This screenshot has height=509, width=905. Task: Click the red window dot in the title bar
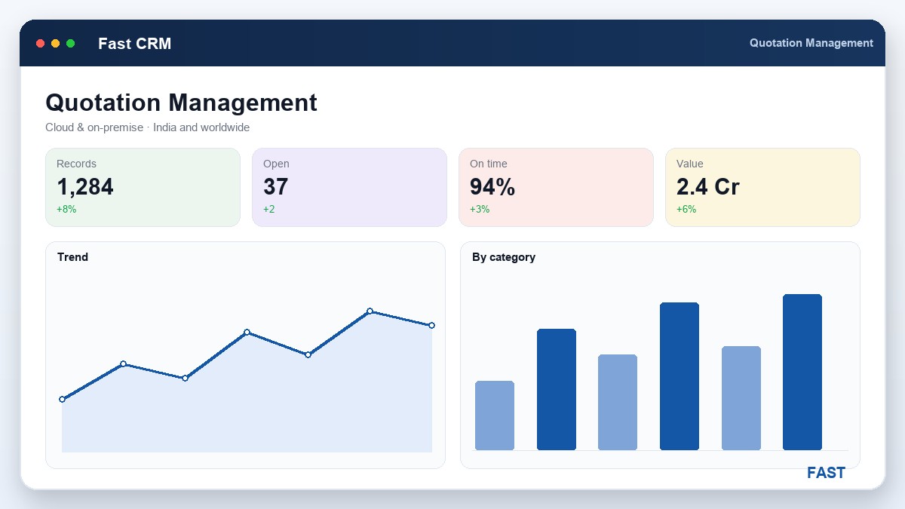41,43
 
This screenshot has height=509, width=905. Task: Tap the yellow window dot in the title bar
55,43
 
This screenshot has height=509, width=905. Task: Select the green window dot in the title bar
70,43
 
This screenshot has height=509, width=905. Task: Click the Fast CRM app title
134,44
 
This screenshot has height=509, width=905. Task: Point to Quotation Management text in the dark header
811,43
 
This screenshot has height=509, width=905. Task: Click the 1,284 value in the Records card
84,187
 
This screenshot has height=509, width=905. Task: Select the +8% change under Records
66,210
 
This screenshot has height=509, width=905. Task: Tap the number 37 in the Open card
275,187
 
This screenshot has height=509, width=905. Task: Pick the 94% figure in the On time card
492,187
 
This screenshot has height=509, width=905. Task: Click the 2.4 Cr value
708,187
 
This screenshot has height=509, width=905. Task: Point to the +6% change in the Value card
686,210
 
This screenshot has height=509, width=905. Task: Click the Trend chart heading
72,257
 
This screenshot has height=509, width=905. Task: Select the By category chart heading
504,257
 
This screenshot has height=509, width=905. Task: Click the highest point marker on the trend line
370,311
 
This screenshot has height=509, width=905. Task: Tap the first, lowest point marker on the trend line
62,399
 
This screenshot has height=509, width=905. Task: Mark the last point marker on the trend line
431,325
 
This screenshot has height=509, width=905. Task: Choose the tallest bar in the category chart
802,372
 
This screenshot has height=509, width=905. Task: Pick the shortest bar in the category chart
495,415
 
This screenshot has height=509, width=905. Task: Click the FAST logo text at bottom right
826,473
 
